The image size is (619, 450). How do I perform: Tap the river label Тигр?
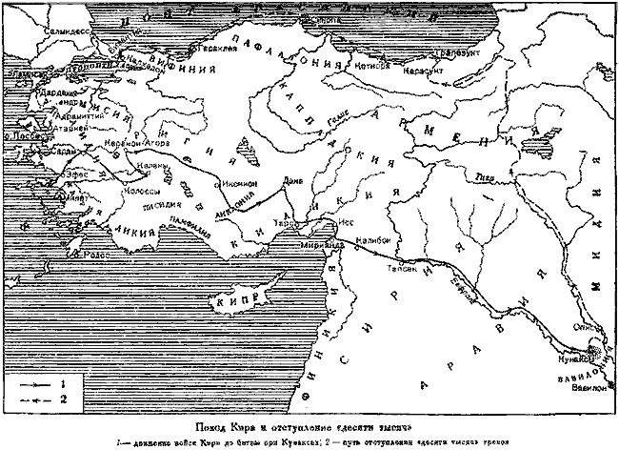coord(483,175)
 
